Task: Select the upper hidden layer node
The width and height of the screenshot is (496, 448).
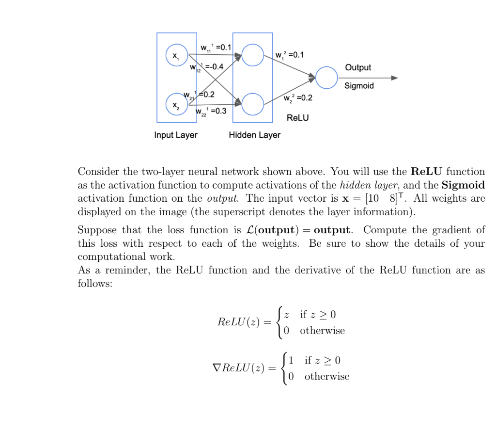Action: tap(252, 55)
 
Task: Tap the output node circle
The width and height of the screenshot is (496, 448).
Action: tap(326, 78)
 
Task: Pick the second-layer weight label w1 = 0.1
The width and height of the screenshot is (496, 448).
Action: tap(289, 55)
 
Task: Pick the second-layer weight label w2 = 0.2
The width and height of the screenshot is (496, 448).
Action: tap(298, 98)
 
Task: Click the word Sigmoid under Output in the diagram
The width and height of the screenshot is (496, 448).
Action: tap(359, 86)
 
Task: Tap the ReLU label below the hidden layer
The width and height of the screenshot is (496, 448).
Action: tap(297, 117)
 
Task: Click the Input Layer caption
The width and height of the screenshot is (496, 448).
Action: tap(175, 135)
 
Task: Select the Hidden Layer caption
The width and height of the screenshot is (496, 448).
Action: tap(254, 135)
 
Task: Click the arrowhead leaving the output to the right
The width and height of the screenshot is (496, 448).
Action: tap(394, 78)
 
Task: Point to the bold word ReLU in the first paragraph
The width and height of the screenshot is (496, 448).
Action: tap(427, 172)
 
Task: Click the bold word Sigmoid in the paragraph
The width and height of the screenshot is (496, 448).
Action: tap(463, 185)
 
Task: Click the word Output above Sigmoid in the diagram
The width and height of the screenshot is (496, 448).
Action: tap(358, 68)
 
